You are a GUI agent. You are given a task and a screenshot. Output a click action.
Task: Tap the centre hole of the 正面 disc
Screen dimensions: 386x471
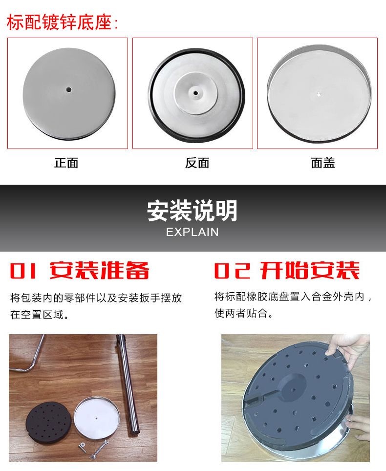click(69, 89)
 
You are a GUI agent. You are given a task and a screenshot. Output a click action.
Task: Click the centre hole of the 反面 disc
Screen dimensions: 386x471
click(195, 93)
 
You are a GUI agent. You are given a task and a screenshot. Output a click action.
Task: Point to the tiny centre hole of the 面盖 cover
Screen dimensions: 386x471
click(319, 95)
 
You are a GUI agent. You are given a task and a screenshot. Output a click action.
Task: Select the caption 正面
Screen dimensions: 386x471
click(66, 163)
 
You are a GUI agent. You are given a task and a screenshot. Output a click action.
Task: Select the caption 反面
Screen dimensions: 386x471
click(197, 163)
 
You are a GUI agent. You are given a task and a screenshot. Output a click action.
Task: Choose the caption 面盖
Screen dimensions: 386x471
click(323, 163)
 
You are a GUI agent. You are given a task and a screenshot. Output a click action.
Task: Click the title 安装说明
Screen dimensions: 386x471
click(192, 211)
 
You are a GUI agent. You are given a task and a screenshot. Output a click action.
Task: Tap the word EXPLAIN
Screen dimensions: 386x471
click(192, 232)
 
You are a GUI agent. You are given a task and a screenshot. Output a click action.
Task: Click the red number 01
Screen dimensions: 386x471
click(23, 270)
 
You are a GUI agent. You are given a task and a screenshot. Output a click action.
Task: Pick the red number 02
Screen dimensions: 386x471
click(232, 270)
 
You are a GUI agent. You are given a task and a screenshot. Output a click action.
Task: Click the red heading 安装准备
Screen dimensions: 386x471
click(99, 270)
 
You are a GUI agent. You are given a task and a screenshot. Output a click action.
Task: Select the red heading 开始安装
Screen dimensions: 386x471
click(310, 270)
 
